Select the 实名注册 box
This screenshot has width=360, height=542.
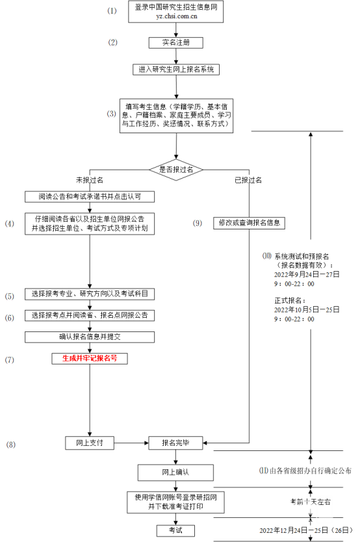[176, 43]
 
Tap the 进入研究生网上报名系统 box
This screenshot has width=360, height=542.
[176, 69]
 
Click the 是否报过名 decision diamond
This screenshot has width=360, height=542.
[176, 169]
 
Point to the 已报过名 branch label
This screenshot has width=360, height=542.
[249, 179]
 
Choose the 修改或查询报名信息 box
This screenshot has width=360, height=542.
[249, 222]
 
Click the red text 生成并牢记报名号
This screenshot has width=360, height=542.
[90, 357]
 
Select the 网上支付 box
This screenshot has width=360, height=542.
[90, 443]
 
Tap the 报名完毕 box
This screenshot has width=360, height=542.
[176, 443]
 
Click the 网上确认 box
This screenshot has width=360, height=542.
[176, 471]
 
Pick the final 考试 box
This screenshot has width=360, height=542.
[176, 530]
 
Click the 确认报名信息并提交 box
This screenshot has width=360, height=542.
[90, 337]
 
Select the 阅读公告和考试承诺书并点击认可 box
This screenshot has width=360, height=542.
[90, 196]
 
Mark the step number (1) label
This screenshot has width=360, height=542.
[112, 11]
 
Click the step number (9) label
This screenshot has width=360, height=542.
[198, 223]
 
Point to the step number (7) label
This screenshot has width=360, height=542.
[10, 359]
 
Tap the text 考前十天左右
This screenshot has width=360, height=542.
[309, 502]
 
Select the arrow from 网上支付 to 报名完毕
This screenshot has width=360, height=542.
[132, 443]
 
